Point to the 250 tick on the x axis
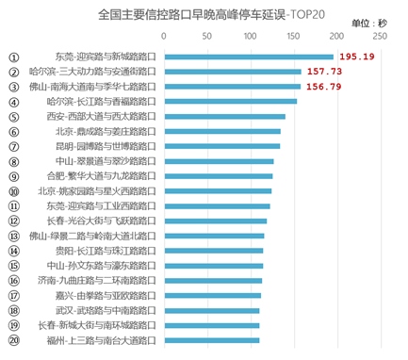point(379,36)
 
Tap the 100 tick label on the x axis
point(250,36)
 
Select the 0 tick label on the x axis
point(164,36)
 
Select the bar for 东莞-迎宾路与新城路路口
point(248,57)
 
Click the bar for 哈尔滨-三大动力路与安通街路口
point(232,72)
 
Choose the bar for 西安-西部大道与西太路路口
point(224,116)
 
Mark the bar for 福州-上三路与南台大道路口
point(211,340)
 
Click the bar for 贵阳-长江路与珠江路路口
point(213,251)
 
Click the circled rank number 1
point(13,57)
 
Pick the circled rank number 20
point(13,340)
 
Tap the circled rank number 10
point(13,190)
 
